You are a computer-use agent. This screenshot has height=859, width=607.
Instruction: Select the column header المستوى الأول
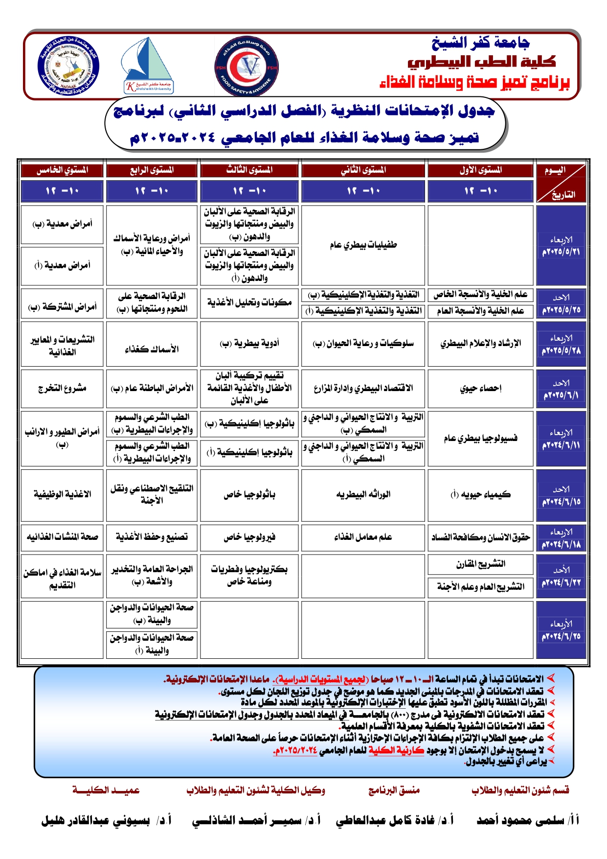click(480, 170)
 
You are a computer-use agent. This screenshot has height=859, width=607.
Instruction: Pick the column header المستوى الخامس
click(62, 170)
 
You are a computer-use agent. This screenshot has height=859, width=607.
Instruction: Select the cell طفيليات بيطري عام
click(363, 245)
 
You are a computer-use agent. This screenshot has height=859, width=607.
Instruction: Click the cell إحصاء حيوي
click(480, 388)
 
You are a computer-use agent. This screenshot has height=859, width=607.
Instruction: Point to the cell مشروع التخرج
click(62, 388)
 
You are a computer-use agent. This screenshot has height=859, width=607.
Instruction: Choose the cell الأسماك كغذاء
click(152, 349)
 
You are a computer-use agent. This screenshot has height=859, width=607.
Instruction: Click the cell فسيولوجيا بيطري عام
click(480, 439)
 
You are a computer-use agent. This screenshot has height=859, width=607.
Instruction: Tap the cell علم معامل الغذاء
click(363, 537)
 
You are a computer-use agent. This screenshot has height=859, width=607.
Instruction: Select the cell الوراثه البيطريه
click(363, 494)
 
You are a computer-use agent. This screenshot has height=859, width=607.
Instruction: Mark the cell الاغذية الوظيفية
click(62, 494)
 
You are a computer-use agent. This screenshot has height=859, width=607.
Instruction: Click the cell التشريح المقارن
click(480, 564)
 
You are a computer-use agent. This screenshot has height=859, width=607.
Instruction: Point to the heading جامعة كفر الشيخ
click(480, 43)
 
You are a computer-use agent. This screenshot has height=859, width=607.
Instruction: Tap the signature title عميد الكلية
click(106, 790)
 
